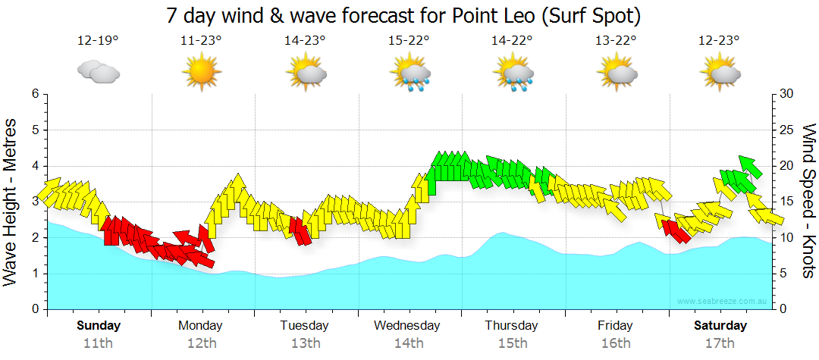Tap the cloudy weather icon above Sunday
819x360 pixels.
[98, 72]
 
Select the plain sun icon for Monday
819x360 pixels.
[201, 72]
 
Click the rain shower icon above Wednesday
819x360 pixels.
[410, 74]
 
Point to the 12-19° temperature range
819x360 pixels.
[98, 40]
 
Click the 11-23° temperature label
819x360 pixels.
[201, 40]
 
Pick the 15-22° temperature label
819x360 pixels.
[409, 40]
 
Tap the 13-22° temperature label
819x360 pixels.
[617, 40]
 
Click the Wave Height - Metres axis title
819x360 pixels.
[11, 202]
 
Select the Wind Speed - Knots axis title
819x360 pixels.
[808, 202]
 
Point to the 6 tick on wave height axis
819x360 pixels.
[34, 94]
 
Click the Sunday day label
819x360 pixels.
[98, 326]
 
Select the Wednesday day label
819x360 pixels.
[407, 326]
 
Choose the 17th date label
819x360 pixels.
[720, 343]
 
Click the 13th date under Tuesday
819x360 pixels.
[304, 343]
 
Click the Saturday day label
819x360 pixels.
[720, 326]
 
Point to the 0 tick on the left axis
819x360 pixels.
[34, 310]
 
